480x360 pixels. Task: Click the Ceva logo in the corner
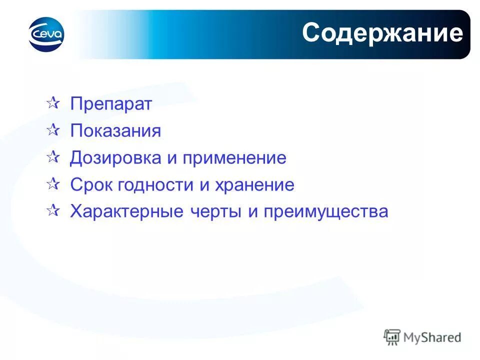coord(47,34)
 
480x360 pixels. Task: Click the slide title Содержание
coord(382,33)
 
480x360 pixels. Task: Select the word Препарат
coord(111,104)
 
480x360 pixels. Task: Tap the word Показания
coord(115,131)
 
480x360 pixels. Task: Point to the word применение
coord(234,158)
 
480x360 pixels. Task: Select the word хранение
coord(254,185)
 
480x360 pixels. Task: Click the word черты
coord(215,211)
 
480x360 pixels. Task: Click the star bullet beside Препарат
coord(52,104)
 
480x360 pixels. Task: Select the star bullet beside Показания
coord(52,130)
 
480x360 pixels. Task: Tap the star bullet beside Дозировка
coord(52,157)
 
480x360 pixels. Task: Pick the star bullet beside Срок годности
coord(52,184)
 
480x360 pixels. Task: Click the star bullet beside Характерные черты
coord(52,211)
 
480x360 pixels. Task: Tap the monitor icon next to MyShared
coord(392,337)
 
